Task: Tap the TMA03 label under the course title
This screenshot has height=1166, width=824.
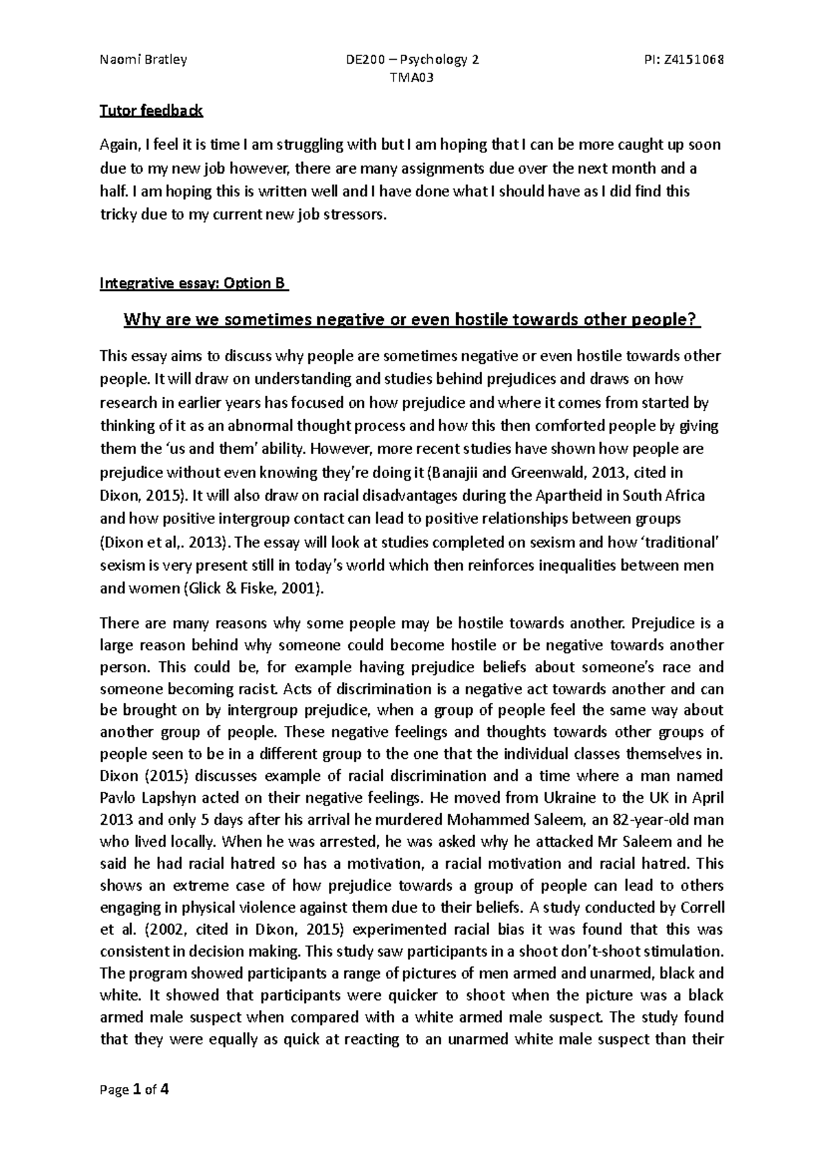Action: [412, 78]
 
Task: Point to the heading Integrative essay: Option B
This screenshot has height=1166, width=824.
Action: [194, 284]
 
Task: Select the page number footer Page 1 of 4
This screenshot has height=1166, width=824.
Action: [135, 1090]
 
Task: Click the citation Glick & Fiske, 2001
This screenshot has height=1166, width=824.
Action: [255, 589]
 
